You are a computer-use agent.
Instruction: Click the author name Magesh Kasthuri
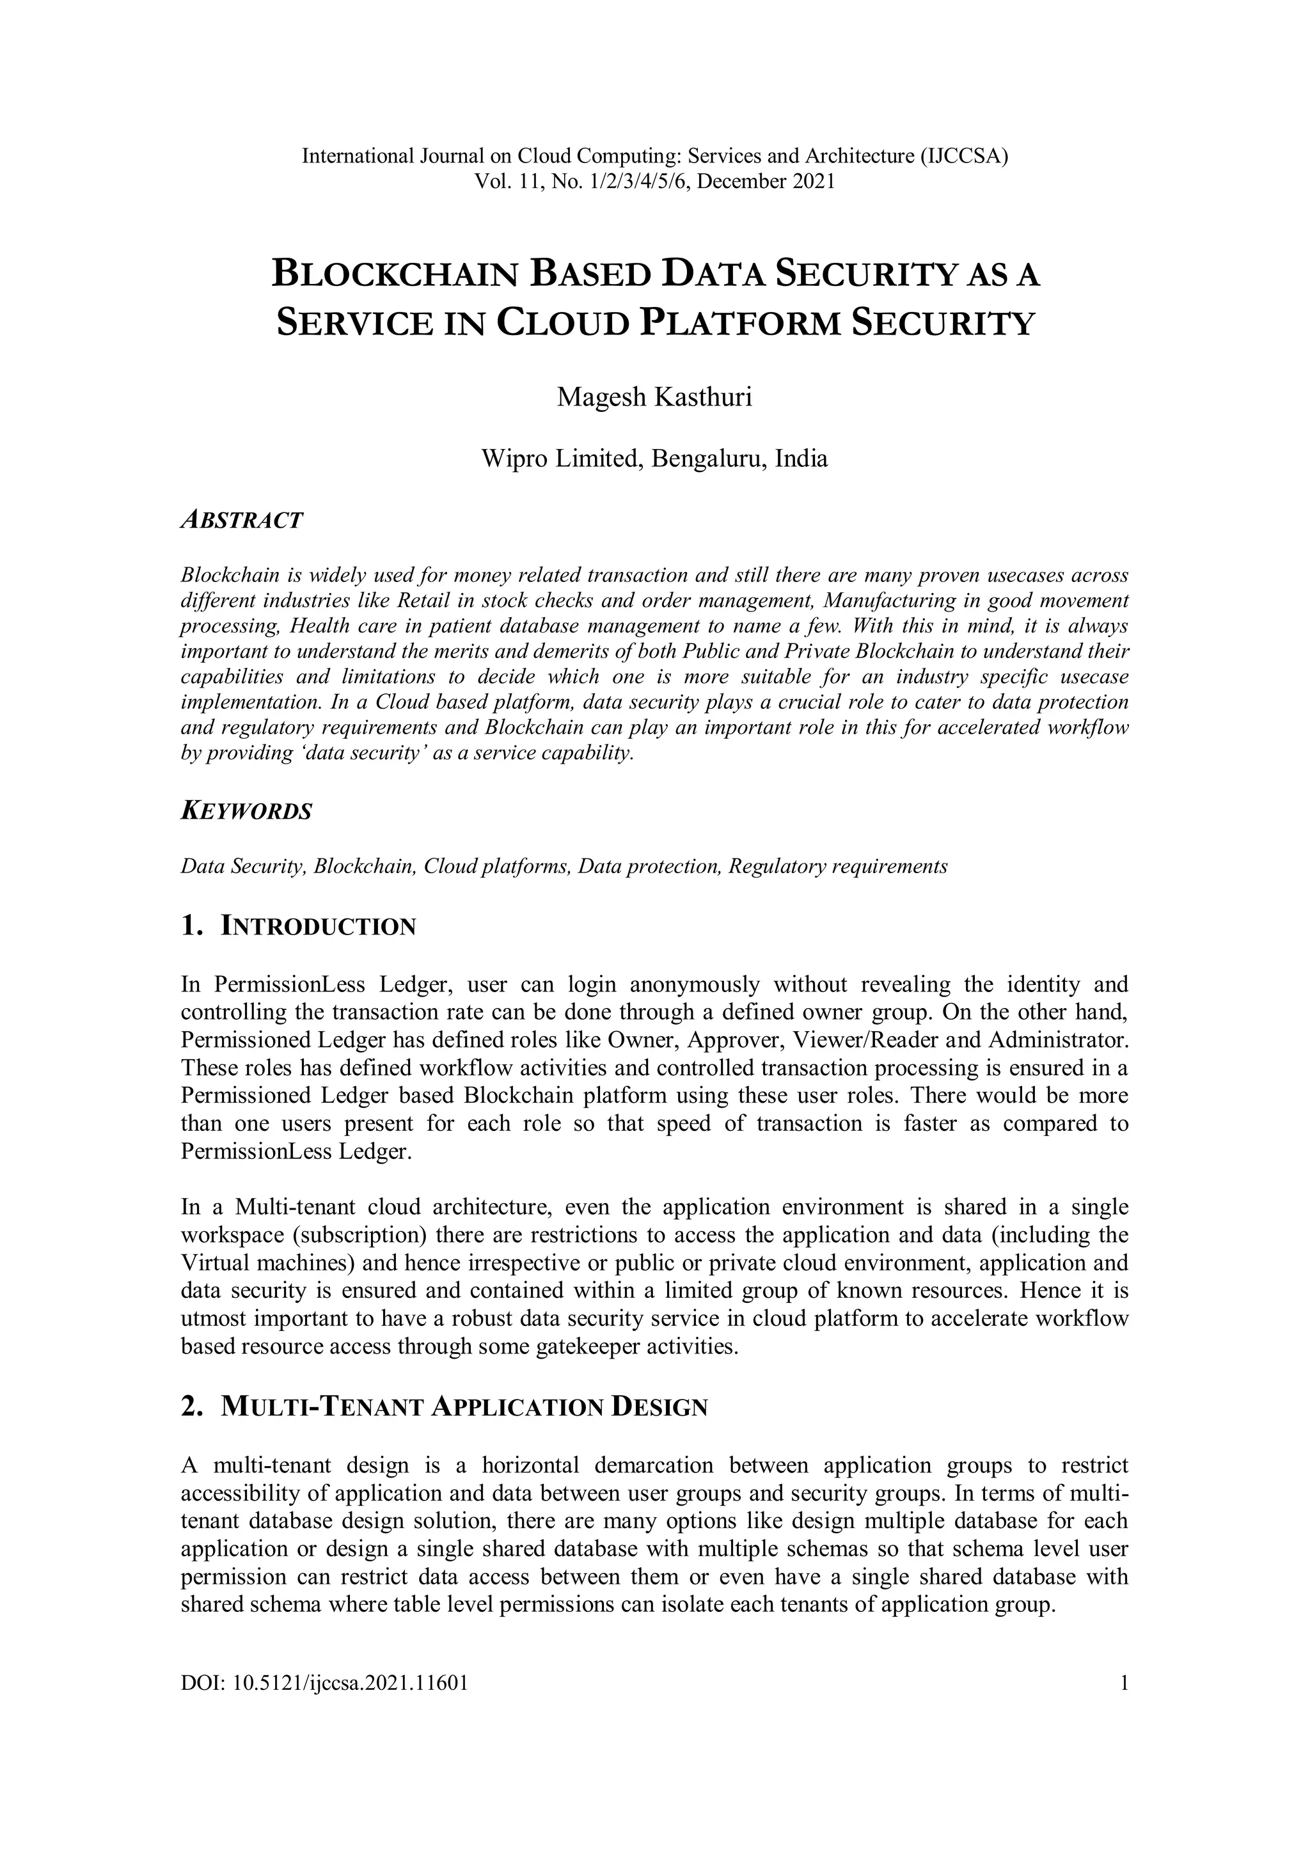tap(654, 398)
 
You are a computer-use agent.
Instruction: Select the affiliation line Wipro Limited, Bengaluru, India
tap(654, 459)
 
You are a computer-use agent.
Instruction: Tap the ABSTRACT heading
tap(242, 521)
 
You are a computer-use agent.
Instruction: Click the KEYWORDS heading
tap(246, 811)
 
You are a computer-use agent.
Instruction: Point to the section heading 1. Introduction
tap(299, 926)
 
